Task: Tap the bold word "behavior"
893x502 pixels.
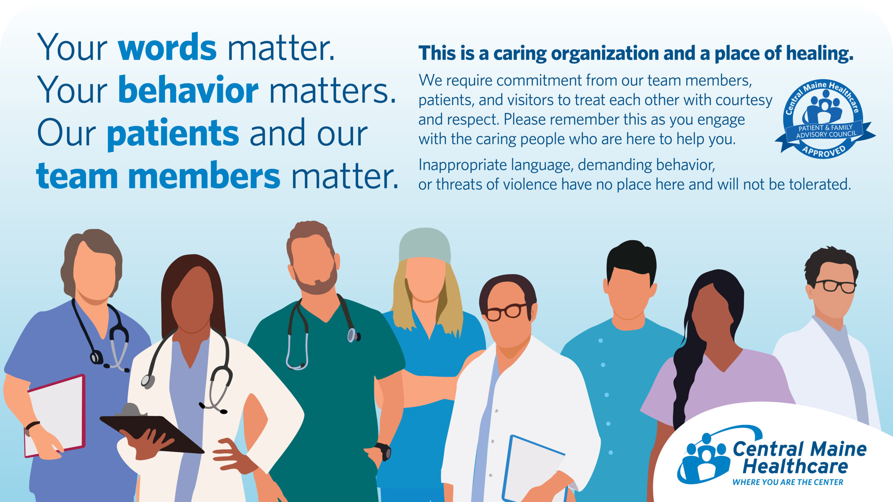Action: click(x=188, y=90)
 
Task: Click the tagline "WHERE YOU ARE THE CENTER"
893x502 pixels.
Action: click(x=788, y=482)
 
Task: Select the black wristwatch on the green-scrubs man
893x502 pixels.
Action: click(x=383, y=451)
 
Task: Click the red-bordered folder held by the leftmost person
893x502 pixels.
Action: click(x=55, y=416)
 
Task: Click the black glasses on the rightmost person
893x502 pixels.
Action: click(x=835, y=286)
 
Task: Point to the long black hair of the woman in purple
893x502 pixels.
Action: click(x=694, y=349)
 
